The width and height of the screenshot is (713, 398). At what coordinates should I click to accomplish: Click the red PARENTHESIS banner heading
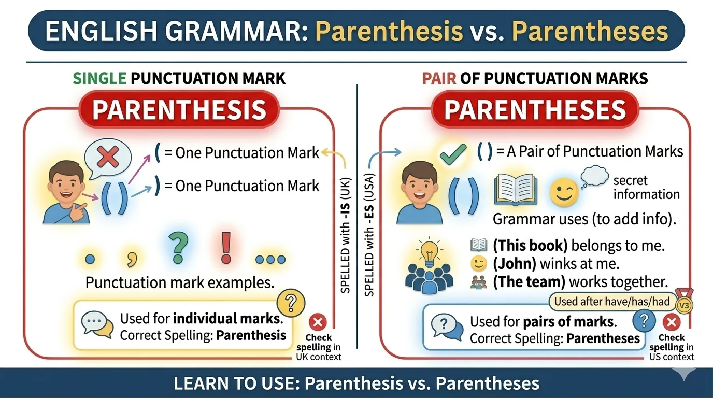[179, 110]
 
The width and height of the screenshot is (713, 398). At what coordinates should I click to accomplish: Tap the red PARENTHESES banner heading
[535, 110]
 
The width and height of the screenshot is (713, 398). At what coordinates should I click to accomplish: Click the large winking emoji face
[563, 193]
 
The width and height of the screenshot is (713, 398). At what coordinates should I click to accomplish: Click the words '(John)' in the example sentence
[515, 264]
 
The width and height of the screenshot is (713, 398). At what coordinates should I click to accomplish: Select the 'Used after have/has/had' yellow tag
[612, 302]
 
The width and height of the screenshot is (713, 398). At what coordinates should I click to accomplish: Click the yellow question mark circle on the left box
[291, 302]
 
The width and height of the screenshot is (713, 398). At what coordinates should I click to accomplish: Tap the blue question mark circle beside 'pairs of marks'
[644, 322]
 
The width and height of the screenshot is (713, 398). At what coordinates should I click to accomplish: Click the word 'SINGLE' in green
[100, 79]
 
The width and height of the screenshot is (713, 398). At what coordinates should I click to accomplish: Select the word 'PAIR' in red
[439, 79]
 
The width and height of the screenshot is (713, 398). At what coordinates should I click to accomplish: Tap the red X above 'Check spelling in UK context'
[318, 322]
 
